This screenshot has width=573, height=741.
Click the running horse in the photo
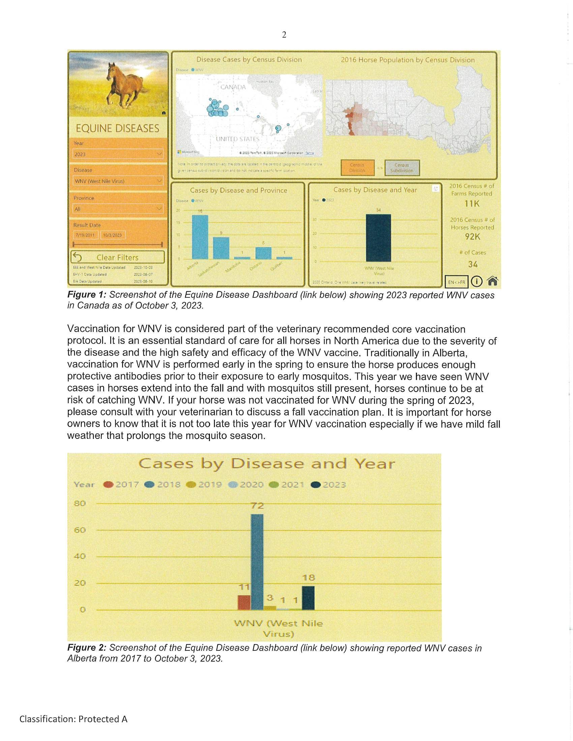[124, 84]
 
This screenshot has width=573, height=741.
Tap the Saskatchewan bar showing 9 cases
[221, 248]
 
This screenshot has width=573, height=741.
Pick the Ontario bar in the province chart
[263, 253]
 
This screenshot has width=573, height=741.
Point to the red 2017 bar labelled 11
[244, 602]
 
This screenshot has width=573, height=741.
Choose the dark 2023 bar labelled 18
[308, 598]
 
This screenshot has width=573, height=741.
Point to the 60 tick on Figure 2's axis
[80, 530]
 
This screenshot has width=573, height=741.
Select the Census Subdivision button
[402, 168]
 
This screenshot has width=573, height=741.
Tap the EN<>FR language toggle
[456, 282]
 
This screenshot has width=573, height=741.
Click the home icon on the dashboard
[492, 281]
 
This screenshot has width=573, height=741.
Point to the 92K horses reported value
[472, 236]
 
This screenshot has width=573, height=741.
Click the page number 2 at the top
[284, 35]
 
